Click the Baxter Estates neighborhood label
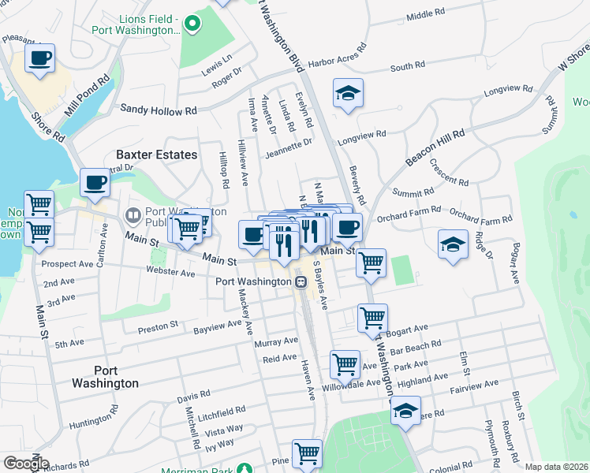156,155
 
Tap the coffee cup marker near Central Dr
95,183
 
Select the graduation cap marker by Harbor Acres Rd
348,94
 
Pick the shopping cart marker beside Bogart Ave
372,318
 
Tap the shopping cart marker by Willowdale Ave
345,364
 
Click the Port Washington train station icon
301,281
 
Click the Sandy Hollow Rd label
158,111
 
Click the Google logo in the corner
25,464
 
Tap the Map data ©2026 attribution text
557,467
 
